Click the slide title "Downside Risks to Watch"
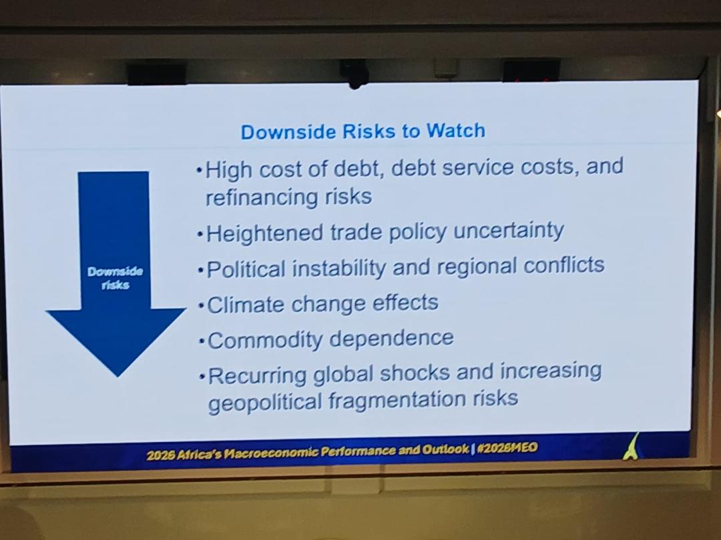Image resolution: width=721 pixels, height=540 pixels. click(x=363, y=131)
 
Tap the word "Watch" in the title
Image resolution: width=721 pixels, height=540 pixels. click(x=456, y=131)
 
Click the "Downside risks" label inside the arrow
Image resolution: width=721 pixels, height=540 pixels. click(x=115, y=278)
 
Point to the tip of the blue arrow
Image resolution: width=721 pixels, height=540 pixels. click(x=117, y=377)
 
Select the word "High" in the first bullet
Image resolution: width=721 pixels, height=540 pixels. click(x=229, y=170)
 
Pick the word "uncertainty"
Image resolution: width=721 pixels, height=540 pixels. click(x=509, y=231)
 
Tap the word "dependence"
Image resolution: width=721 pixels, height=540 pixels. click(x=392, y=339)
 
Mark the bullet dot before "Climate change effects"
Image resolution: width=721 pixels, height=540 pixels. click(x=201, y=305)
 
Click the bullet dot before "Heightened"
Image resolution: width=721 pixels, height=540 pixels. click(x=200, y=234)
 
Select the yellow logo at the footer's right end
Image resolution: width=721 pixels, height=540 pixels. click(x=632, y=446)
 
